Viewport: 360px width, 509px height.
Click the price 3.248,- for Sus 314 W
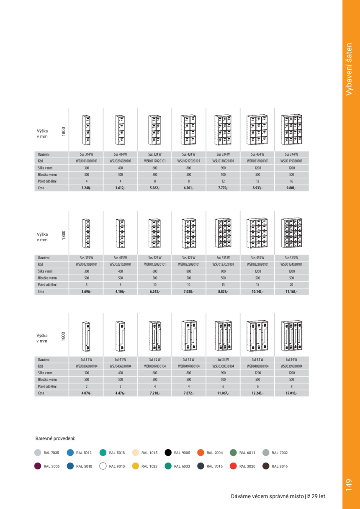[86, 188]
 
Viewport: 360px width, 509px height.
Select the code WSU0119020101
[291, 161]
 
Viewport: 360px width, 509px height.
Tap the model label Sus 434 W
[257, 154]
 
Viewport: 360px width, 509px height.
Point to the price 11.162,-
[291, 291]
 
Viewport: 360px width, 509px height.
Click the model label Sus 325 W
[154, 257]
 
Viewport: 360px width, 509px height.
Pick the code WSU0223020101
[257, 264]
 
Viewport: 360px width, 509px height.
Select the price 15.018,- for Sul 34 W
[291, 393]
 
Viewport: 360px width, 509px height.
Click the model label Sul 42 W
[189, 360]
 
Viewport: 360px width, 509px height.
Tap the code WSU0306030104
[86, 366]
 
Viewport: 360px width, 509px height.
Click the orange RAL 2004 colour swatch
[201, 452]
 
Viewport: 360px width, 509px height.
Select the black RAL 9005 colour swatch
[168, 452]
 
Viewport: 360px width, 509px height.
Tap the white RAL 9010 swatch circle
[103, 466]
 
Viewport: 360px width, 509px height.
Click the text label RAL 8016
[280, 466]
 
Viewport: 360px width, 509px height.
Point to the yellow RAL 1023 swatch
[136, 466]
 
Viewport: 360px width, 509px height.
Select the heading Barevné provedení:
[55, 438]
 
